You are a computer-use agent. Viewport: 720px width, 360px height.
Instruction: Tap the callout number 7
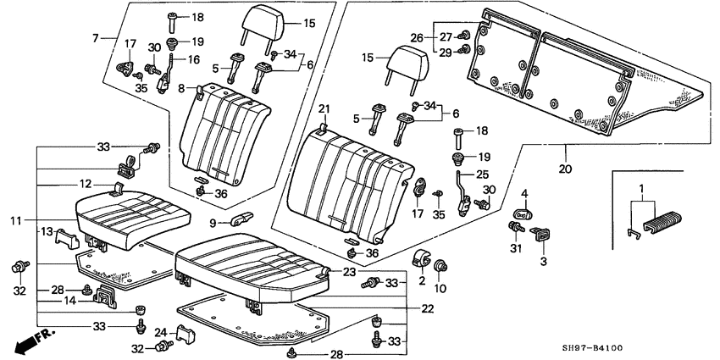coord(97,37)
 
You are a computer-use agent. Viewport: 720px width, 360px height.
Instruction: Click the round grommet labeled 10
coord(440,269)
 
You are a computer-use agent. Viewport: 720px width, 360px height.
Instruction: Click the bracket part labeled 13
coord(68,241)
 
